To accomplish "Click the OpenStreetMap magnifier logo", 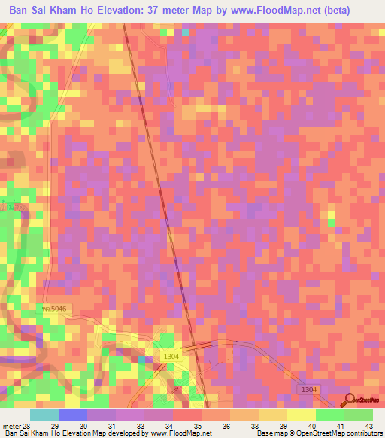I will (350, 400).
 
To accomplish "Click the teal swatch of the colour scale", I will (44, 415).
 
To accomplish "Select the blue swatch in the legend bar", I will (72, 415).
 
